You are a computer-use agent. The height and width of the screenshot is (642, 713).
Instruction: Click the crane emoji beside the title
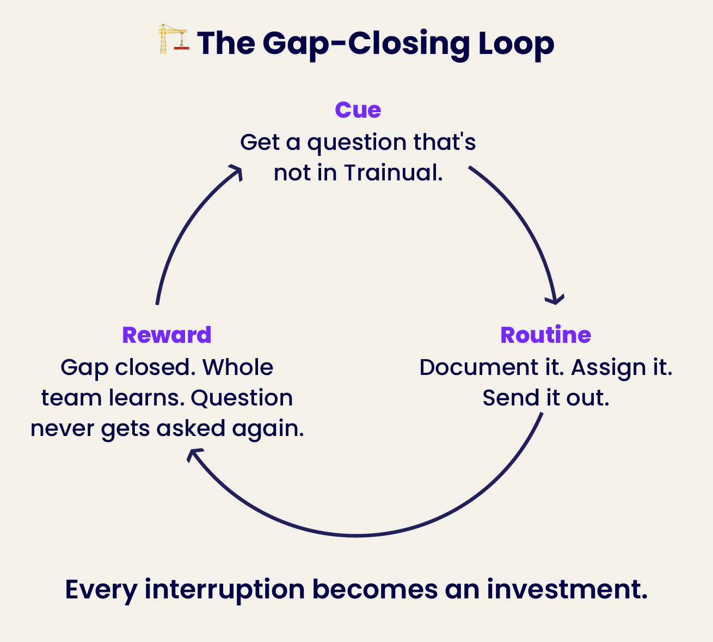[173, 39]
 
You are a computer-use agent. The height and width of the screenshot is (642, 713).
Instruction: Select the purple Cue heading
[358, 110]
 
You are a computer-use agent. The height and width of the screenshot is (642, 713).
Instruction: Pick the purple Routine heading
[545, 335]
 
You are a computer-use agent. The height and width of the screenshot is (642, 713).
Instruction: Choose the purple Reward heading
[167, 335]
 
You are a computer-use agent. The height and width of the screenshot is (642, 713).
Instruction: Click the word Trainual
[393, 173]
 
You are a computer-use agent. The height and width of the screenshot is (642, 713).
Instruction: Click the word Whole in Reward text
[237, 367]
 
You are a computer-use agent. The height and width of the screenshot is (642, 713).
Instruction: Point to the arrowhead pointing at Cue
[236, 171]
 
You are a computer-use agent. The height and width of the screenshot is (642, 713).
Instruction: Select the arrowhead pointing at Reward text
[193, 453]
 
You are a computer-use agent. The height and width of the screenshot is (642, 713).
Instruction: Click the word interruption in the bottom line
[224, 590]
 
